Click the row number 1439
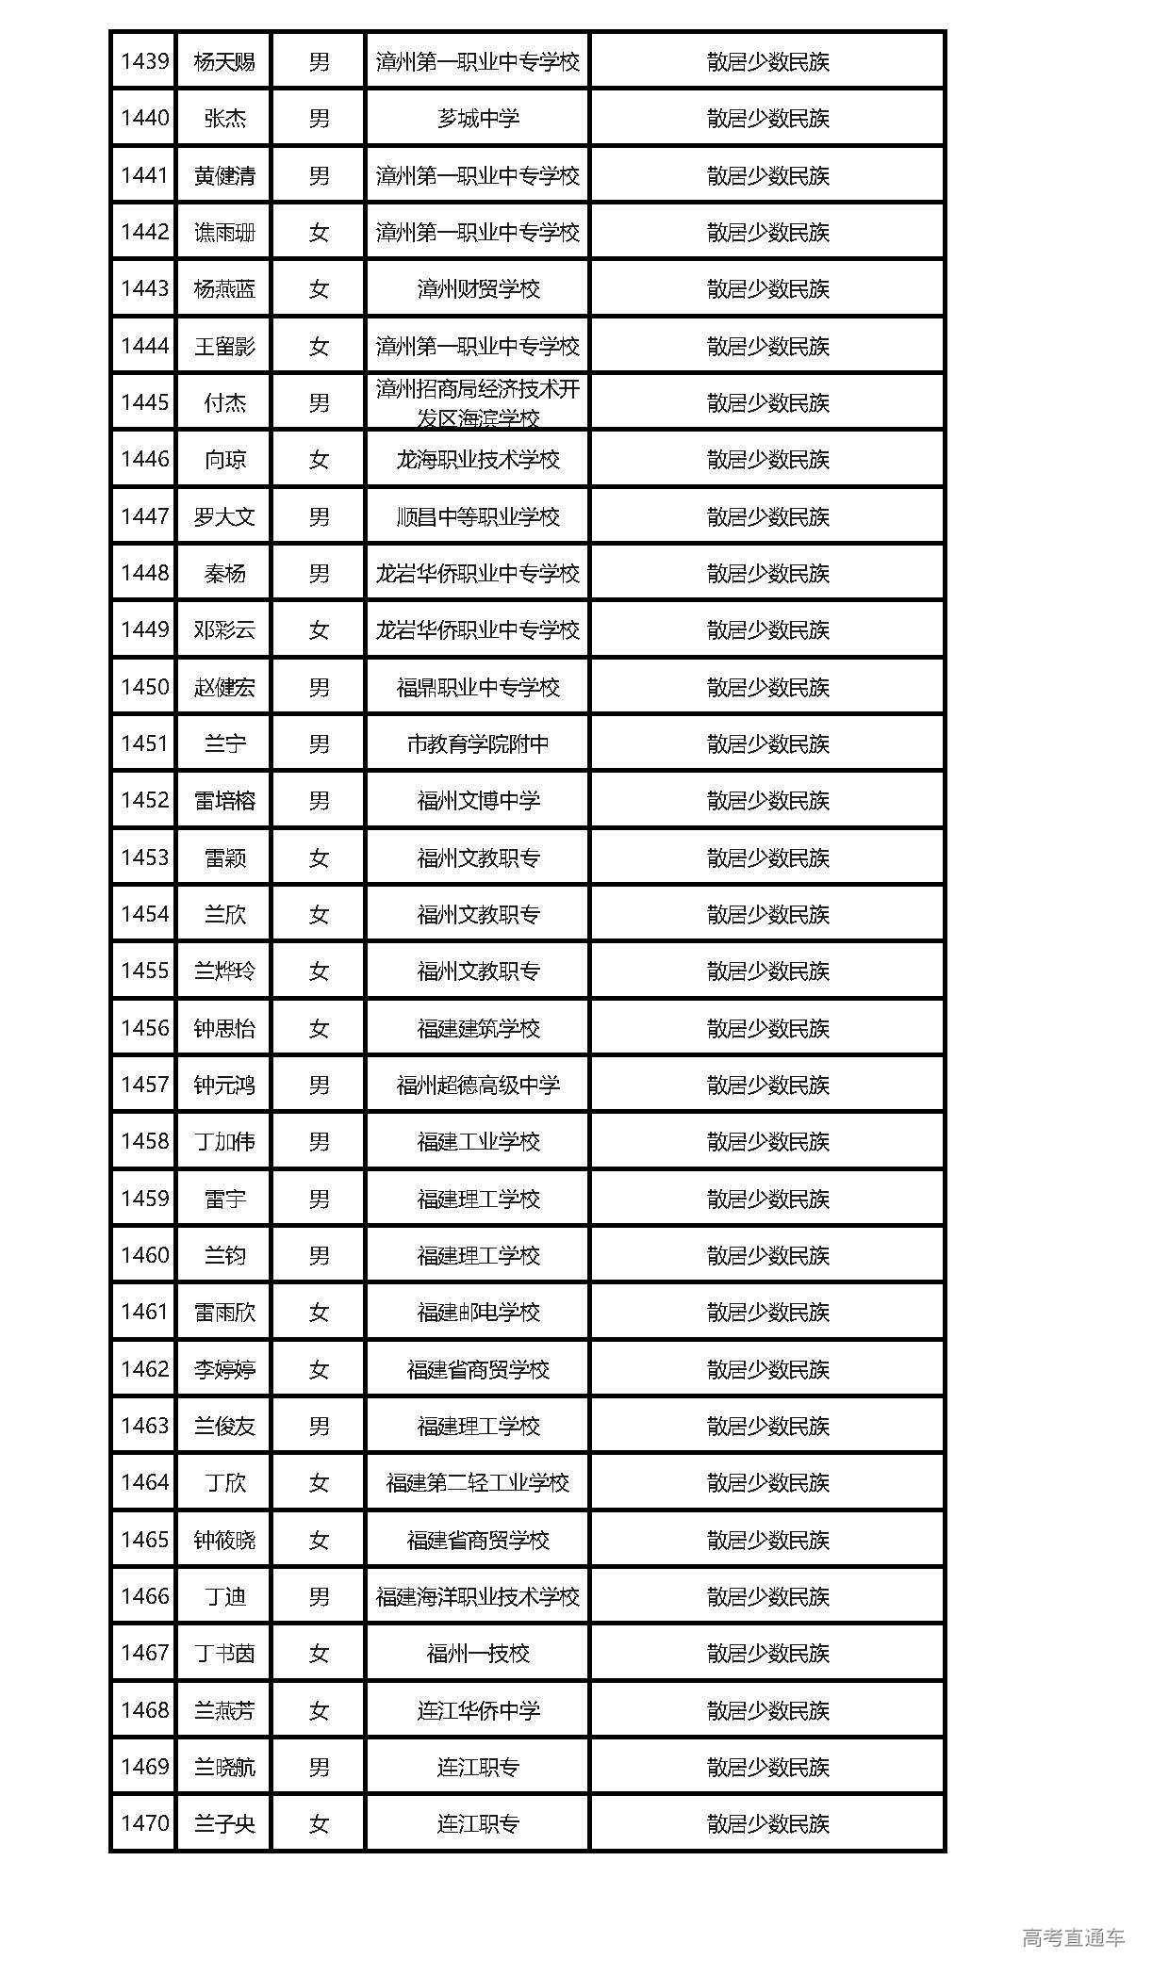[144, 62]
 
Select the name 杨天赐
[224, 62]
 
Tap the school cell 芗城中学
[478, 119]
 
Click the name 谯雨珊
[224, 233]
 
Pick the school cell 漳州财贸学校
[478, 289]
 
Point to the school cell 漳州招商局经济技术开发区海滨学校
[478, 402]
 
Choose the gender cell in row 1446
[319, 460]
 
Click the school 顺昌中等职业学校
[478, 516]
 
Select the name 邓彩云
[224, 630]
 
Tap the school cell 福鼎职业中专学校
[478, 687]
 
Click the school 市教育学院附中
[478, 744]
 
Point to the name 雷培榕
[224, 801]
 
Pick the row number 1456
[144, 1028]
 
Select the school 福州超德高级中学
[478, 1085]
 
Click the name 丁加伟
[224, 1142]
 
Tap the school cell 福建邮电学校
[478, 1313]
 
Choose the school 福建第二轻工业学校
[478, 1483]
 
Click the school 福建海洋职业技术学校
[478, 1596]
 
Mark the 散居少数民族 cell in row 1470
[767, 1824]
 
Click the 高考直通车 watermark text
[1073, 1937]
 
